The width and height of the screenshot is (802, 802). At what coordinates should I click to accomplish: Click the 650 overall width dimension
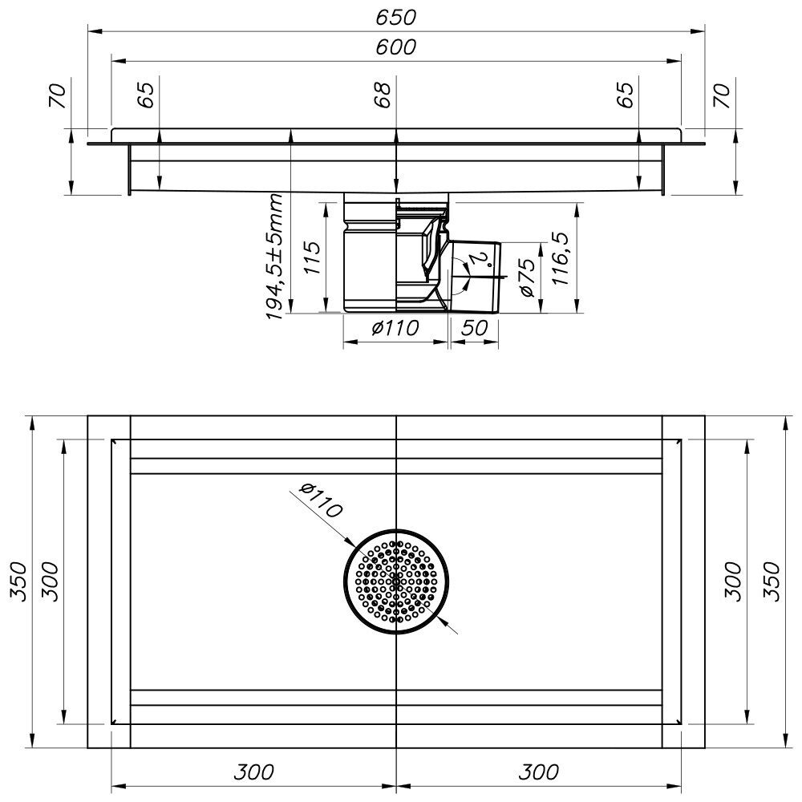pyautogui.click(x=396, y=18)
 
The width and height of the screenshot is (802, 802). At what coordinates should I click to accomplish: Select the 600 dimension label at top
pyautogui.click(x=396, y=47)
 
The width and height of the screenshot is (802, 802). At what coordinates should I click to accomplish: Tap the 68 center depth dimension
pyautogui.click(x=383, y=95)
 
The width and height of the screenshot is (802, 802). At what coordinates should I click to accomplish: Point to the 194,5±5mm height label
pyautogui.click(x=274, y=257)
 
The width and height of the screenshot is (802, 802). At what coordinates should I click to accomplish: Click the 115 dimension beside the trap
pyautogui.click(x=312, y=257)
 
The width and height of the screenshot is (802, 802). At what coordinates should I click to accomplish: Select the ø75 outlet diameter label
pyautogui.click(x=528, y=277)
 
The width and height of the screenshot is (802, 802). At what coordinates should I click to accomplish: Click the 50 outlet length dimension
pyautogui.click(x=474, y=328)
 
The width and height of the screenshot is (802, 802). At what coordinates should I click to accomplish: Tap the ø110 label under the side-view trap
pyautogui.click(x=396, y=328)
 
